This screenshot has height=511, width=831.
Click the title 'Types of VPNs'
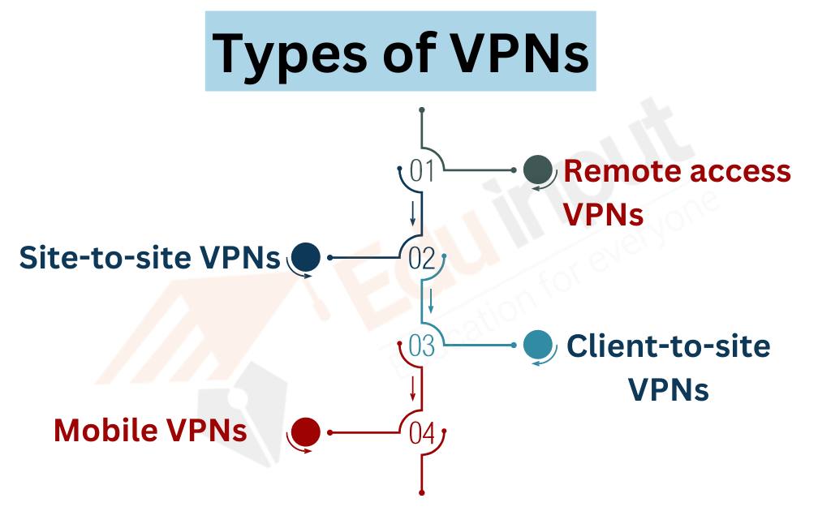click(400, 52)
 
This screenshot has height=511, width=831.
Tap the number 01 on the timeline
click(422, 171)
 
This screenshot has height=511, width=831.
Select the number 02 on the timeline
click(422, 259)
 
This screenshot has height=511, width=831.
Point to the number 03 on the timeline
click(422, 346)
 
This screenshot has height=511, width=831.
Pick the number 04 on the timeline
click(422, 433)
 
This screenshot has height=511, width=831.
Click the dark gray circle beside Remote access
click(537, 170)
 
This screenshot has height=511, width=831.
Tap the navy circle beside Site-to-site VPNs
click(306, 258)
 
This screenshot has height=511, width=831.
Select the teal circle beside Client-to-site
click(537, 345)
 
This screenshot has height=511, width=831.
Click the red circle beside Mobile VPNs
click(306, 432)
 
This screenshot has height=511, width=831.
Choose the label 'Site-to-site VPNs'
click(149, 259)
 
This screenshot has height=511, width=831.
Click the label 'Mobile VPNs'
click(150, 430)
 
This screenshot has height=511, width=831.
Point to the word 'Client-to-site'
click(668, 346)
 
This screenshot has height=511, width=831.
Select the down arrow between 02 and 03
click(431, 302)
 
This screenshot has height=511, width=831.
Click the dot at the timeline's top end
click(422, 109)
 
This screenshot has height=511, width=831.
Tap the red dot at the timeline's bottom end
click(422, 492)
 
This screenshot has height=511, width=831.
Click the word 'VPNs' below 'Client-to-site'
click(669, 390)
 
